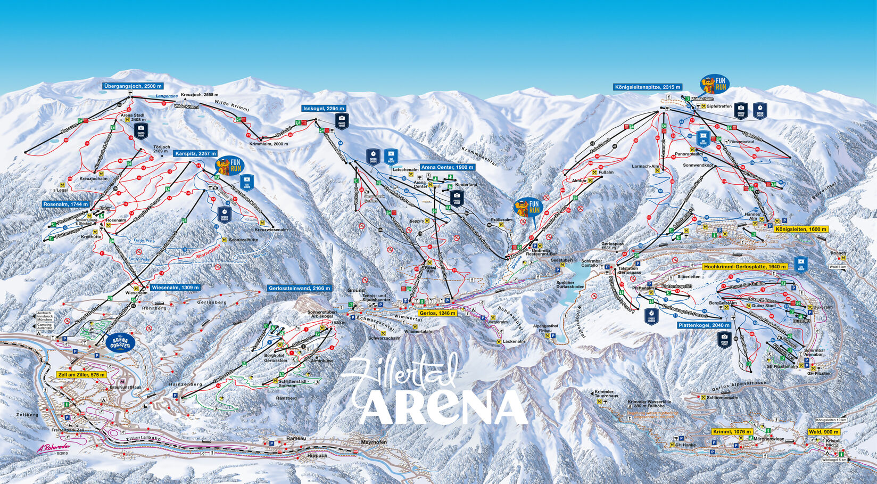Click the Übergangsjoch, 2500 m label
pos(133,86)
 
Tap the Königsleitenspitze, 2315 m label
pos(648,87)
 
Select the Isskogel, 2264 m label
pos(324,109)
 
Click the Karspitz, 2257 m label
pos(194,153)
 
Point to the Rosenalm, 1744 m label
pos(66,204)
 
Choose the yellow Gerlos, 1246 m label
pos(438,313)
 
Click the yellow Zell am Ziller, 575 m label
pos(81,375)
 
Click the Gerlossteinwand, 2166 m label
pos(300,288)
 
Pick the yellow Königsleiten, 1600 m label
pos(801,229)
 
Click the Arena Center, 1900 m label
pos(447,167)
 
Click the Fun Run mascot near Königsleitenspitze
pos(714,84)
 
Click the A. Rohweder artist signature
pos(54,448)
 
